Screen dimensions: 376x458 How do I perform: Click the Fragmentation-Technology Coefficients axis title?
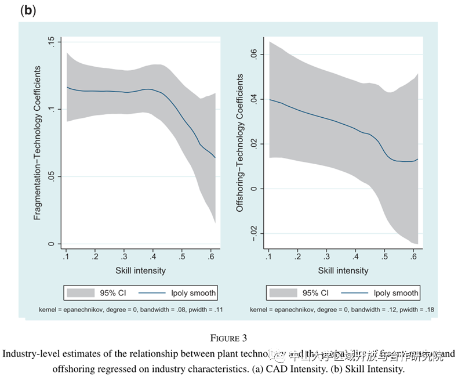pos(38,142)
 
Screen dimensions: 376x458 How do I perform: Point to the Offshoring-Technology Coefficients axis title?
pos(240,142)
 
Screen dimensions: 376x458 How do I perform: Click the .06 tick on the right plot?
pos(253,55)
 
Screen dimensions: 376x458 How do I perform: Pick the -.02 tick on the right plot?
pos(253,233)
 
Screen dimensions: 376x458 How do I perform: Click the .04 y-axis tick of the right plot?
pos(253,99)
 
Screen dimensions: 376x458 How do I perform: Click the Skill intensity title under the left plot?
pos(140,270)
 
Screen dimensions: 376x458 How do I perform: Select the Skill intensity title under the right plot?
pos(343,270)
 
